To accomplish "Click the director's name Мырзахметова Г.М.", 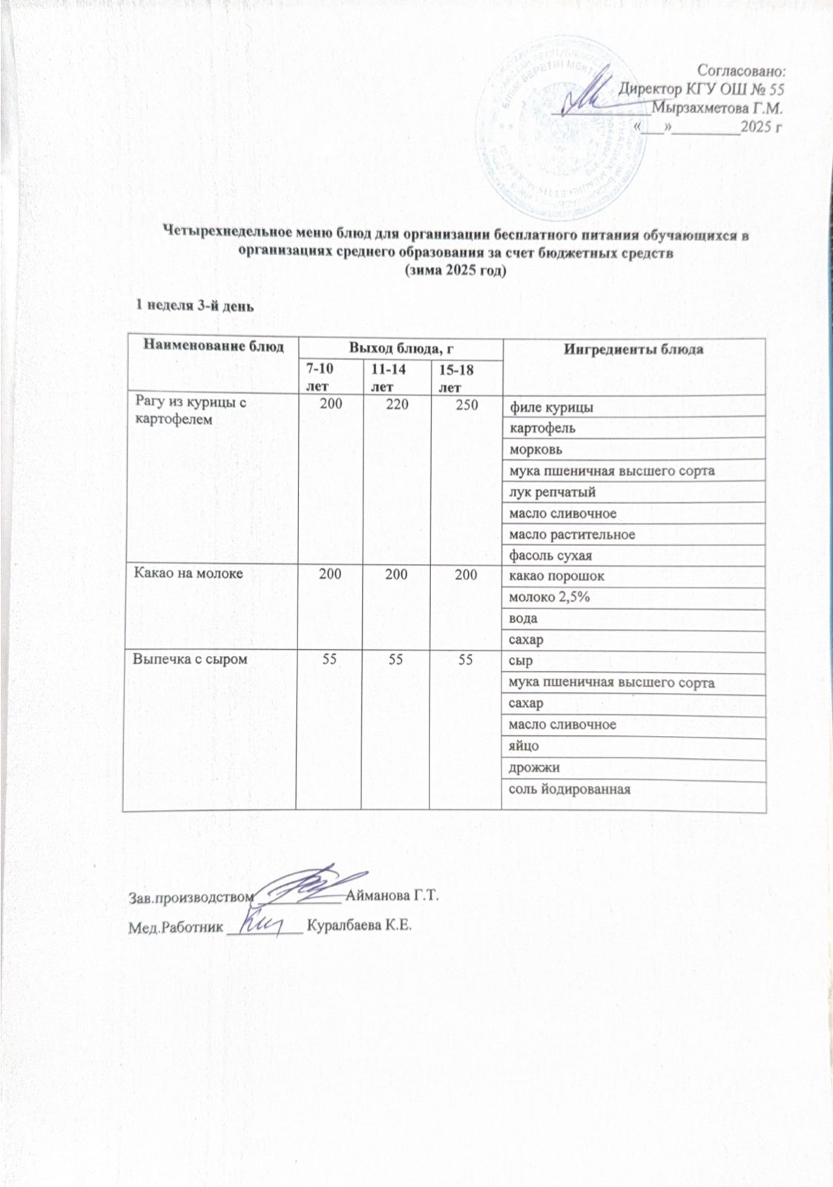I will (x=717, y=108).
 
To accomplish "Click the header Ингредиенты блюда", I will (x=633, y=349).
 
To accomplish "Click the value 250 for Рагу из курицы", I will (x=465, y=405).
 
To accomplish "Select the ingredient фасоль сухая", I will (x=550, y=555).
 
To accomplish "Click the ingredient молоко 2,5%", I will (x=549, y=596).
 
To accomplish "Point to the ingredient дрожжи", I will (x=534, y=767).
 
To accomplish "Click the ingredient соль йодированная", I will (x=569, y=788).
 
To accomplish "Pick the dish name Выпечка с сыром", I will (x=190, y=658).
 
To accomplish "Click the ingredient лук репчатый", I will (x=552, y=492).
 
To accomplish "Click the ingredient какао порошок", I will (x=556, y=576).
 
